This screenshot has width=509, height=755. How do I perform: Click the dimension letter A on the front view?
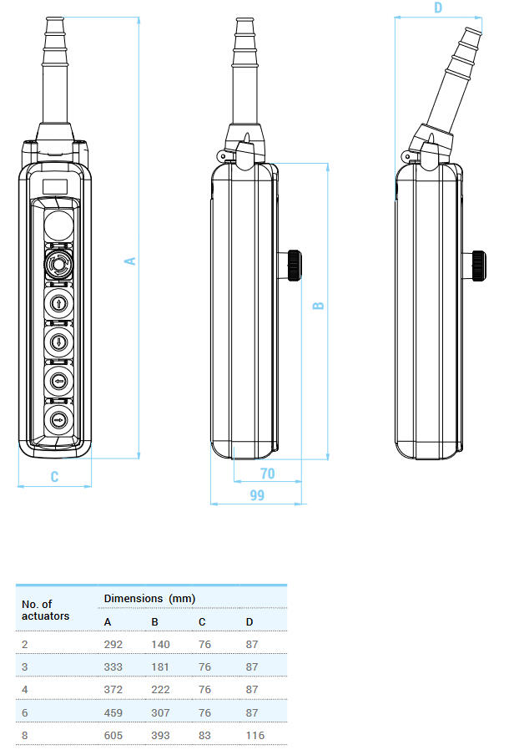coord(130,261)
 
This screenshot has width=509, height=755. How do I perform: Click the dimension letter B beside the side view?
coord(318,306)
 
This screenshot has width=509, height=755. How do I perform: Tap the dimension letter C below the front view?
coord(54,477)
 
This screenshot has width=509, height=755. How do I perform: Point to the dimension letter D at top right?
coord(438,8)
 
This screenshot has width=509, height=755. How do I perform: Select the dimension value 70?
coord(267,474)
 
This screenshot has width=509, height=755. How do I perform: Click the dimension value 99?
coord(257,495)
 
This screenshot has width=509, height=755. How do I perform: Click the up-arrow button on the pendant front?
coord(58,302)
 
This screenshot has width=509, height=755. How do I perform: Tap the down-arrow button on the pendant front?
coord(58,341)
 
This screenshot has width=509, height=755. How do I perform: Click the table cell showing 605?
coord(113,735)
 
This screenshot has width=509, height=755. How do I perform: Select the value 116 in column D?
coord(254,735)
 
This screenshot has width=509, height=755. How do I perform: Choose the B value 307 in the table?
coord(160,712)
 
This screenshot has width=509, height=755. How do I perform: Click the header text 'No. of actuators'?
coord(45,610)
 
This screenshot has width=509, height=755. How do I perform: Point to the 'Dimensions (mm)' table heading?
coord(149,598)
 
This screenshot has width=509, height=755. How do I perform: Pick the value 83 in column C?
coord(205,735)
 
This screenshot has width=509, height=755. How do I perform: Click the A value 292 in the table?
coord(113,644)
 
